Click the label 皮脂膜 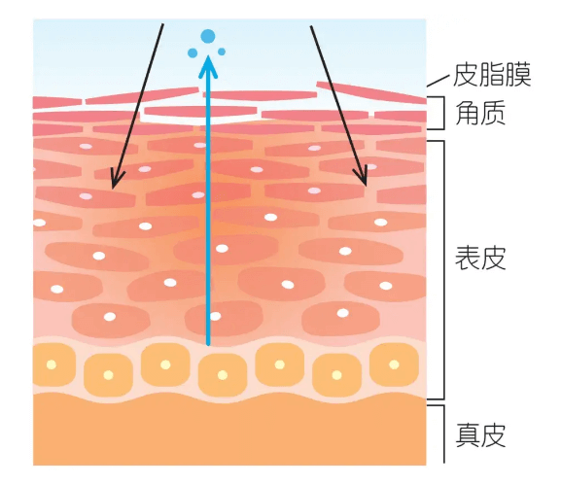coord(492,75)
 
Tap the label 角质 coord(480,113)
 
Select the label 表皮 coord(480,258)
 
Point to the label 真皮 coord(480,434)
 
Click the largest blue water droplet coord(208,36)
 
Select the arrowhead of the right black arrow coord(362,176)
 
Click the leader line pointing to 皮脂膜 coord(438,81)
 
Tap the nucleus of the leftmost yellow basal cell coord(52,364)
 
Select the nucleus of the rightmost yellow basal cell coord(394,364)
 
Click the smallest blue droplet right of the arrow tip coord(222,52)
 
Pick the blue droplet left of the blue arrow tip coord(193,52)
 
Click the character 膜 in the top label coord(519,75)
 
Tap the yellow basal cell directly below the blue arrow coord(223,375)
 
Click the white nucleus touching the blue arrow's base coord(215,316)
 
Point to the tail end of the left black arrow coord(163,24)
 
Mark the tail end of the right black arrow coord(311,26)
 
